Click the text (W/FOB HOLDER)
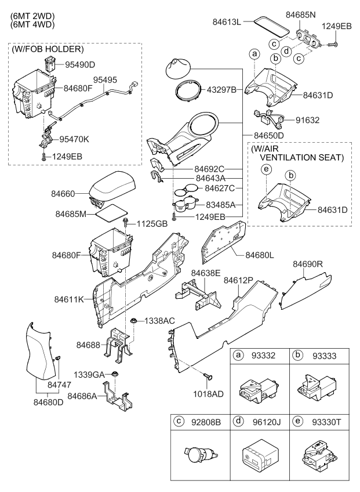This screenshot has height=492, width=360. tap(47, 49)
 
